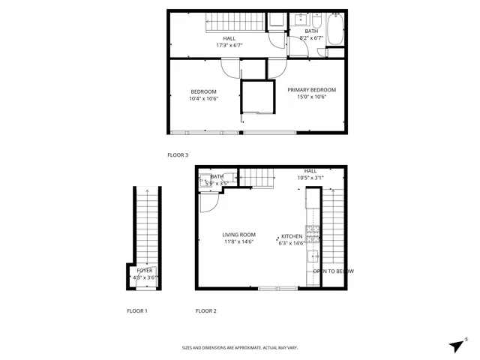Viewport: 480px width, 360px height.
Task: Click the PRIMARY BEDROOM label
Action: point(311,89)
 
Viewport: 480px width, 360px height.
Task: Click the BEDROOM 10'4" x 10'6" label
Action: point(202,95)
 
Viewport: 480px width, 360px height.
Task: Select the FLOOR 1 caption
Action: point(136,310)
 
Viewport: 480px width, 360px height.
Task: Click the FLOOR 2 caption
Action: point(205,310)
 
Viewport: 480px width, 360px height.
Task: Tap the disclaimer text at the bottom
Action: point(240,348)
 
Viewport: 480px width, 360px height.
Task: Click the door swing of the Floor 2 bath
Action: point(208,202)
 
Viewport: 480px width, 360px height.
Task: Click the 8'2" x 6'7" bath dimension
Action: point(310,37)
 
